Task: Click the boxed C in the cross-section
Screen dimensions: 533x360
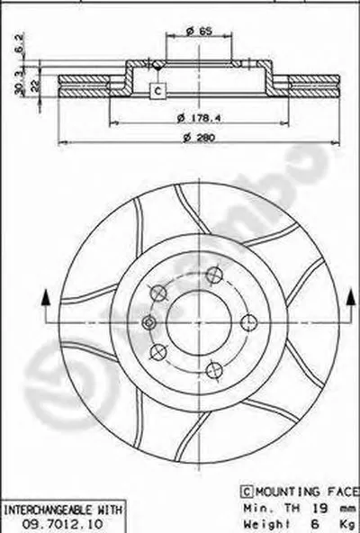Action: tap(157, 91)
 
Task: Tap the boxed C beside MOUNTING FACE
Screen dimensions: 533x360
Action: tap(245, 491)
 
